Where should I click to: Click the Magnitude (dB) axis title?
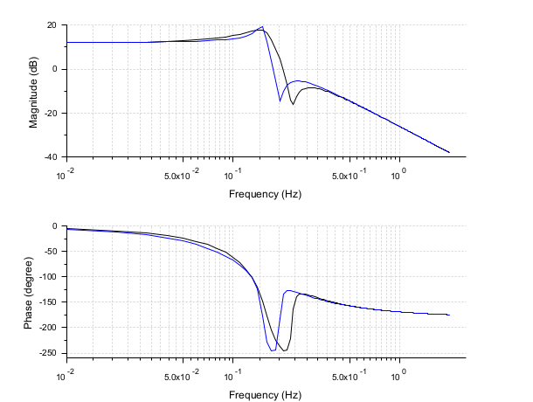[34, 91]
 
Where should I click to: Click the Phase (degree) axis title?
[34, 291]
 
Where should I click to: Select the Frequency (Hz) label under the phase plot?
[265, 395]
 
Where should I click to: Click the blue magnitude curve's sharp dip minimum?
[280, 100]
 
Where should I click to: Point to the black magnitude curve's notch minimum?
[293, 105]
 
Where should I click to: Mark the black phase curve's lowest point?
[285, 350]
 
